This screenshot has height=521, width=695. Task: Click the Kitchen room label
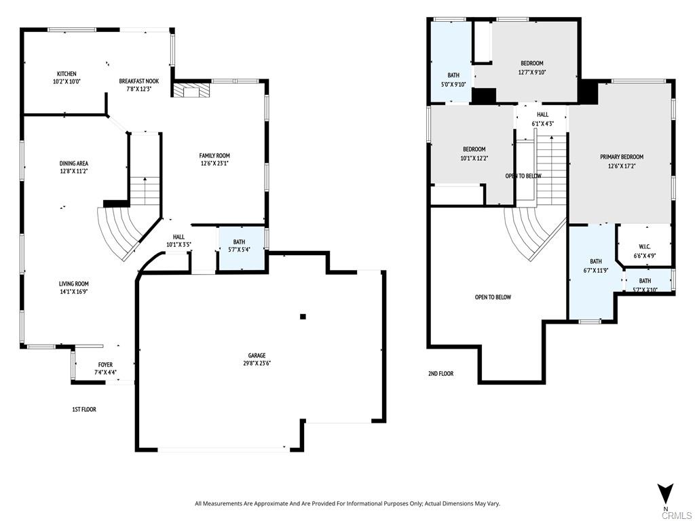(67, 74)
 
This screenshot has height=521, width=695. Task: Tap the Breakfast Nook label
(138, 81)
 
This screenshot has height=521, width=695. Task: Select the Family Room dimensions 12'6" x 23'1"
(214, 163)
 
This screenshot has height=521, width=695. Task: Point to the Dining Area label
(73, 163)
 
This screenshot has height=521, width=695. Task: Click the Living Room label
(73, 284)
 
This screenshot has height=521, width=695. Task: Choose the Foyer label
(105, 365)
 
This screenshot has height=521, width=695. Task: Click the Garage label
(257, 355)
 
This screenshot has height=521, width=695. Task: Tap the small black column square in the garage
(303, 316)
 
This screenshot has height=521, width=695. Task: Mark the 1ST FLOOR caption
(84, 409)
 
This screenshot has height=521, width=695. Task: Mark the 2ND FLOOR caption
(440, 374)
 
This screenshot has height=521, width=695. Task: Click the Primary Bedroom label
(622, 157)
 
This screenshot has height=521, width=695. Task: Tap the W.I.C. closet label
(644, 247)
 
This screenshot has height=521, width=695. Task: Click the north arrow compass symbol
(665, 493)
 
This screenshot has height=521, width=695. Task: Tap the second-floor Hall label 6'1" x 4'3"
(542, 115)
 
